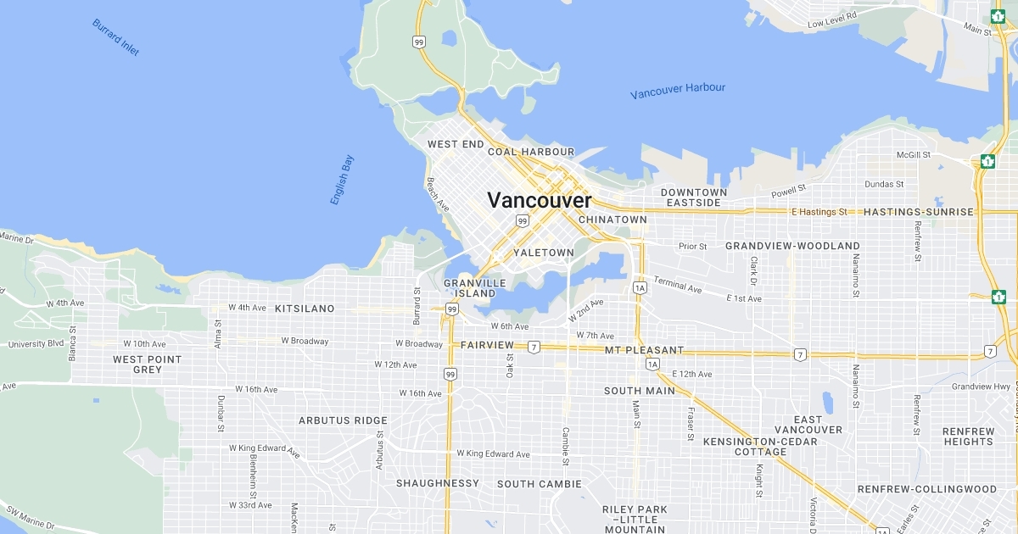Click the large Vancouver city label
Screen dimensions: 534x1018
click(540, 201)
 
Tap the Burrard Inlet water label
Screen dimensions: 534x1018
click(115, 37)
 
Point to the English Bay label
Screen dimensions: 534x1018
click(343, 180)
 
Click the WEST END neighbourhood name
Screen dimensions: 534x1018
click(456, 145)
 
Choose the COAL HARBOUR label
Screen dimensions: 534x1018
click(531, 152)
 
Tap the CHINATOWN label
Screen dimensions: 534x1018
click(612, 220)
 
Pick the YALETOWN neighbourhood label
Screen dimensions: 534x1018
click(544, 253)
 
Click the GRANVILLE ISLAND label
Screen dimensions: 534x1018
click(474, 288)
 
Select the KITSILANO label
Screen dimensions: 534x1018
click(305, 309)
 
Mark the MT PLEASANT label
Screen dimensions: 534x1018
click(644, 350)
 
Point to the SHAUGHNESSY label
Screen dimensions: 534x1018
click(438, 483)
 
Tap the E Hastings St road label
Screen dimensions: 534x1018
click(819, 211)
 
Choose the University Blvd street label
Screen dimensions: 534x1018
click(36, 344)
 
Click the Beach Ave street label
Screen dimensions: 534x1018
click(438, 194)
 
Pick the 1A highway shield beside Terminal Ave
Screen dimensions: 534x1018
click(640, 288)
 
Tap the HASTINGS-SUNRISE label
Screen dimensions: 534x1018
click(919, 212)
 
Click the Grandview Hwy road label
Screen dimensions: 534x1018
click(981, 386)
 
